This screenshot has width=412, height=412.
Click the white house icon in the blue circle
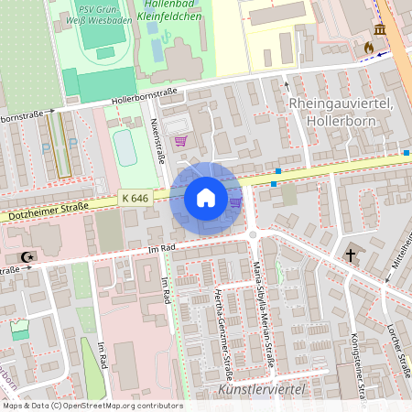(205, 197)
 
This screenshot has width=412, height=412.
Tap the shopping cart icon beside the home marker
(235, 202)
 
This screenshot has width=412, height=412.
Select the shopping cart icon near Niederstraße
(180, 141)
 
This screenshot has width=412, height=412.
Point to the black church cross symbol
(350, 256)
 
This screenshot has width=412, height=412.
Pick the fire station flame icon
(369, 47)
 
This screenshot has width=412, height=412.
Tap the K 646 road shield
(135, 197)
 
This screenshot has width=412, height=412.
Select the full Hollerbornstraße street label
(144, 94)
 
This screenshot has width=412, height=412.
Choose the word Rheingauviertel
(340, 103)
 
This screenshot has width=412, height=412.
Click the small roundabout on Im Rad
(253, 235)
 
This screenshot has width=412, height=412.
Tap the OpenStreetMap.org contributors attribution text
(122, 406)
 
